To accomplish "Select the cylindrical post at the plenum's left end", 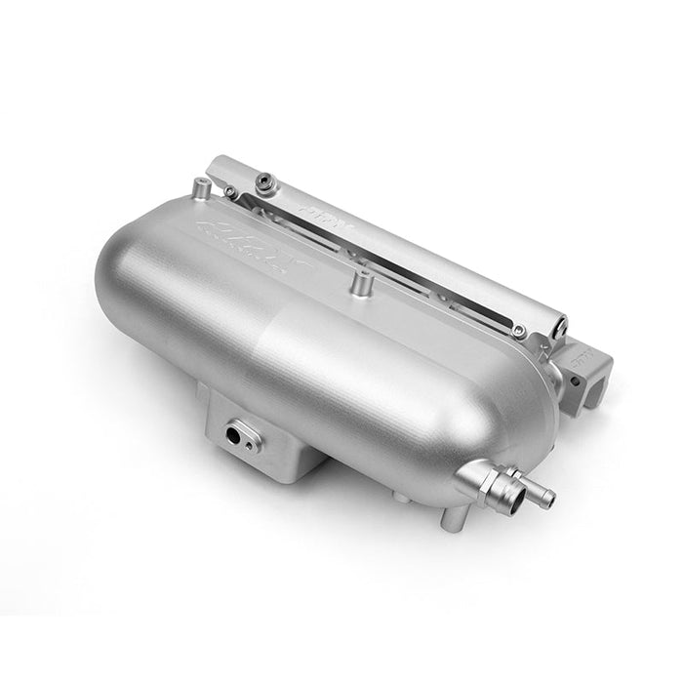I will (x=200, y=187).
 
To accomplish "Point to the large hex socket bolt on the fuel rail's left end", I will (x=264, y=181).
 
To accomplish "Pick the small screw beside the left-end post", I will (x=230, y=192).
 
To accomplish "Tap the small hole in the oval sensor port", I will (x=251, y=445).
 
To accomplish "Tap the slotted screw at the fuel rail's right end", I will (x=560, y=318).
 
